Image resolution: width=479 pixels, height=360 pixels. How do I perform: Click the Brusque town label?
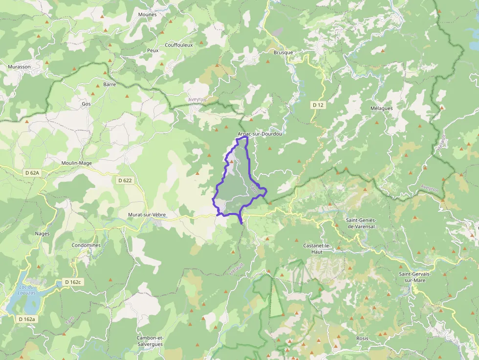click(x=283, y=53)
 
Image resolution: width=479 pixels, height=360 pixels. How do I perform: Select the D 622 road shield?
click(x=125, y=180)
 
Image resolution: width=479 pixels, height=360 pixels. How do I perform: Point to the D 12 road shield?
click(x=318, y=105)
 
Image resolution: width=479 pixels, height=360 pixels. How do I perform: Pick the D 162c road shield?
click(x=73, y=282)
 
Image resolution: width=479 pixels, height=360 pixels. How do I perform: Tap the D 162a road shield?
click(x=26, y=319)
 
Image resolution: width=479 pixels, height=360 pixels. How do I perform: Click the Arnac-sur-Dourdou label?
click(x=260, y=134)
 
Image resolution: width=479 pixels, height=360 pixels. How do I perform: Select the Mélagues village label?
click(x=381, y=108)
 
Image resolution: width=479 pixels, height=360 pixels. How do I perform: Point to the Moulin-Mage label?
click(x=77, y=163)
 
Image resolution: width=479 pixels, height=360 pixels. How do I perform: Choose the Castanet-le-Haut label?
click(x=317, y=249)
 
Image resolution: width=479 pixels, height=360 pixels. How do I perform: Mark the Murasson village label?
click(x=19, y=66)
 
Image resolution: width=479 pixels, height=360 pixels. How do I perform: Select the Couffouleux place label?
click(x=178, y=45)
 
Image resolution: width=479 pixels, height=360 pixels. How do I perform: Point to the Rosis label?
click(x=362, y=338)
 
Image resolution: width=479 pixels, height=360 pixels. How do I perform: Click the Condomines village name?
click(x=86, y=245)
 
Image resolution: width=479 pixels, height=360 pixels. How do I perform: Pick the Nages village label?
click(x=42, y=233)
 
